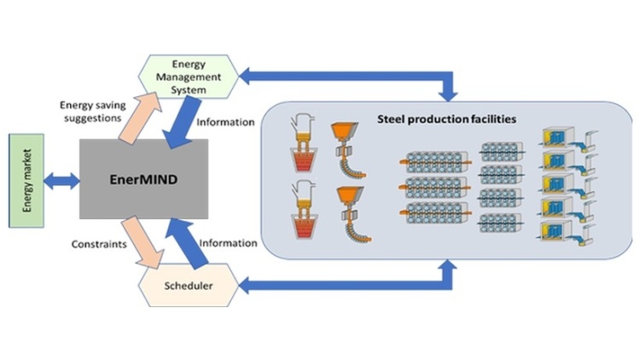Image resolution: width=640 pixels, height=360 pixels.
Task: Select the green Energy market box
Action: (26, 180)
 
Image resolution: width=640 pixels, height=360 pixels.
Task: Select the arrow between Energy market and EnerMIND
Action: (61, 180)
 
